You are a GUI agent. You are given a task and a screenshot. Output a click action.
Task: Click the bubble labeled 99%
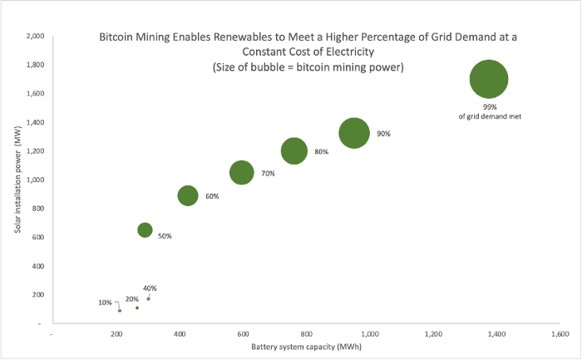pos(489,80)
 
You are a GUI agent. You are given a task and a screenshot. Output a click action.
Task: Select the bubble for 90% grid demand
pos(354,133)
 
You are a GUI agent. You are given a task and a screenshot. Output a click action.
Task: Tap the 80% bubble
pos(294,150)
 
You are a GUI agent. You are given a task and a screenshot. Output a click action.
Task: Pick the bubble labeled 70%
pos(241,172)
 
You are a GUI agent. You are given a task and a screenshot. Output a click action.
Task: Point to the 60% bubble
pos(188,195)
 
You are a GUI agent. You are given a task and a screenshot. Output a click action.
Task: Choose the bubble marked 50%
pos(145,229)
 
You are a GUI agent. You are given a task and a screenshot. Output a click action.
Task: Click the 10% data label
pos(105,302)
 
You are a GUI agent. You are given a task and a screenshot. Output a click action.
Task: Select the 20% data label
pos(131,298)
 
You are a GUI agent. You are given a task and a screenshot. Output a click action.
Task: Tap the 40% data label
pos(150,288)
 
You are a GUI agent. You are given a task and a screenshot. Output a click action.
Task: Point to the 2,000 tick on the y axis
pos(35,37)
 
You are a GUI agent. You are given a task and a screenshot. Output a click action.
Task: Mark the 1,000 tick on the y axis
pos(35,180)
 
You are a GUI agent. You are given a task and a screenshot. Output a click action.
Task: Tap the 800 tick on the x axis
pos(306,334)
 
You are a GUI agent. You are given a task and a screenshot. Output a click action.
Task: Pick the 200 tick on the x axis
pos(116,334)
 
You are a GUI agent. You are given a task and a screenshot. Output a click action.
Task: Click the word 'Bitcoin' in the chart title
pos(118,37)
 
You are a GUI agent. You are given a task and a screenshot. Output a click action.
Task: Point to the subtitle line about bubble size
pos(308,67)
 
